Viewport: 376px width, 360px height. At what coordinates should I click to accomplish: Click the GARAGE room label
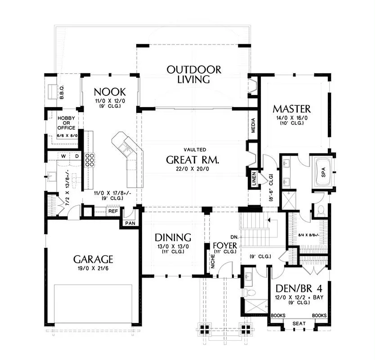tap(93, 259)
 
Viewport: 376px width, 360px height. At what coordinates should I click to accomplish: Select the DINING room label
tap(173, 237)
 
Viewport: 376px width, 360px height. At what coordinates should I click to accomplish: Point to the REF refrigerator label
tap(113, 211)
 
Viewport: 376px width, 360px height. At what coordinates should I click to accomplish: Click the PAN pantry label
tap(130, 223)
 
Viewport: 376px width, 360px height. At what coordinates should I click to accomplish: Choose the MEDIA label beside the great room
tap(253, 126)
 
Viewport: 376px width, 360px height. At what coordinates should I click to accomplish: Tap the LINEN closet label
tap(254, 179)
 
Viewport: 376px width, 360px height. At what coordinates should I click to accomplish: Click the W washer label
tap(63, 156)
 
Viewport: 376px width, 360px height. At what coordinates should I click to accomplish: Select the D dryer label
tap(77, 156)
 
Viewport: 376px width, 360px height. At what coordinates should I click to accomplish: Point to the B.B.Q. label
tap(61, 92)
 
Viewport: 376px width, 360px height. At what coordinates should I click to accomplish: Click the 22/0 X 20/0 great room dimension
tap(192, 169)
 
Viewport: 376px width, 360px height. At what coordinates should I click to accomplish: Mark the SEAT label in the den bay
tap(299, 324)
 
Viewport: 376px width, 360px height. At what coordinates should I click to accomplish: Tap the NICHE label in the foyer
tap(213, 261)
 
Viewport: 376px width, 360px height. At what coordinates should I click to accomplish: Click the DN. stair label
tap(234, 237)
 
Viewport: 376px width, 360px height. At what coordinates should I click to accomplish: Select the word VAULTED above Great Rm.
tap(195, 149)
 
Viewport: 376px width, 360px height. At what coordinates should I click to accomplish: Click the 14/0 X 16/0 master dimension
tap(292, 118)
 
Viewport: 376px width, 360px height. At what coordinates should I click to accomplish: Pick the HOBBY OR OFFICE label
tap(67, 123)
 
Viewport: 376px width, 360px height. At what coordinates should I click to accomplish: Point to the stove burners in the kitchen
tap(90, 160)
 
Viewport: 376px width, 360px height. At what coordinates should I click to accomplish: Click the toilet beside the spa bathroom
tap(320, 210)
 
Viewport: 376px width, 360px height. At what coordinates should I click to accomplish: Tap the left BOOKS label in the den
tap(278, 315)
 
